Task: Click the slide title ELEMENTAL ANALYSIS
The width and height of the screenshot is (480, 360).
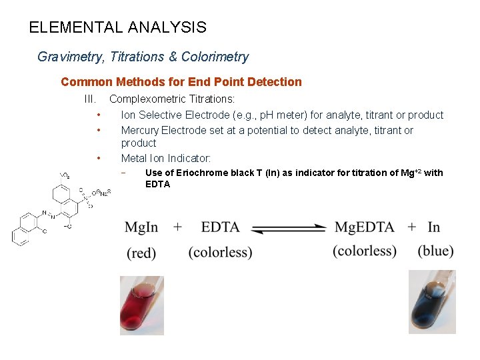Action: point(118,28)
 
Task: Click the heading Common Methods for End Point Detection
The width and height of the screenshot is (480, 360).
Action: point(181,82)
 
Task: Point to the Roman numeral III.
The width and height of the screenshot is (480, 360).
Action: point(89,99)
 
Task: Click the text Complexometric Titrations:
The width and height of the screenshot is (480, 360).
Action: point(172,99)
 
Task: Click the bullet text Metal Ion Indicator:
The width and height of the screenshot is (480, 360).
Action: point(165,158)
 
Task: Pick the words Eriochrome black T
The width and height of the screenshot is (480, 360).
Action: point(221,173)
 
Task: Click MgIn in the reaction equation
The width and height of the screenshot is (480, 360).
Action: point(141,227)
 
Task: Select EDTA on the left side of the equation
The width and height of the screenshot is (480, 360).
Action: point(220,227)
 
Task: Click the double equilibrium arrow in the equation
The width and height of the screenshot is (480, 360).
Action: point(290,228)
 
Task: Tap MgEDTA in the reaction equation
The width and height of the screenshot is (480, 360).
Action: point(365,227)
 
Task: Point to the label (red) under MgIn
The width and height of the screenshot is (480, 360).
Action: point(141,253)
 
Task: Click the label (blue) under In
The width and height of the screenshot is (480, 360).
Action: point(435,251)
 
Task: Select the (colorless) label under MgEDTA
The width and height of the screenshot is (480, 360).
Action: point(365,251)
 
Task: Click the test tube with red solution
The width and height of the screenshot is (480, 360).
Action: point(141,305)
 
